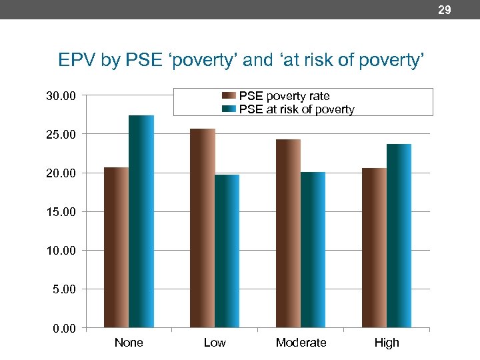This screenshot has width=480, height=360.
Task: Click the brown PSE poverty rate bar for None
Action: (x=116, y=247)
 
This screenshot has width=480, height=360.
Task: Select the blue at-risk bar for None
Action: (x=141, y=221)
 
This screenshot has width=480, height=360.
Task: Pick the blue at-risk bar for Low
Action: (x=227, y=251)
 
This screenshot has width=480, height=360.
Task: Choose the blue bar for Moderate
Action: (x=313, y=250)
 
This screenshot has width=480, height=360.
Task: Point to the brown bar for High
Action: (x=374, y=247)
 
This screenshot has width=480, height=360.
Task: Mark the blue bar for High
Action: (x=399, y=236)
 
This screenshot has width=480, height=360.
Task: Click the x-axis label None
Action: (x=129, y=343)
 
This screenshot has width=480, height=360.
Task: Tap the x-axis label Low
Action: (x=215, y=343)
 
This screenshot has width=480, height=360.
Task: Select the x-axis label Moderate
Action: (x=301, y=343)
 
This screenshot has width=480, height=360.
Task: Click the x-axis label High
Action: (x=387, y=343)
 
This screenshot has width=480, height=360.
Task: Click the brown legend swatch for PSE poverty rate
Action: (x=229, y=96)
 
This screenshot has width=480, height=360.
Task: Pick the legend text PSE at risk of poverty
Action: (x=297, y=109)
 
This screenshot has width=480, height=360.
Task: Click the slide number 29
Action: (x=444, y=9)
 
